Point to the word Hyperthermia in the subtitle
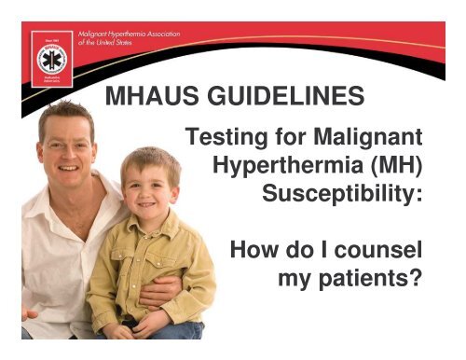click(281, 172)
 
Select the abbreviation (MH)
click(394, 172)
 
